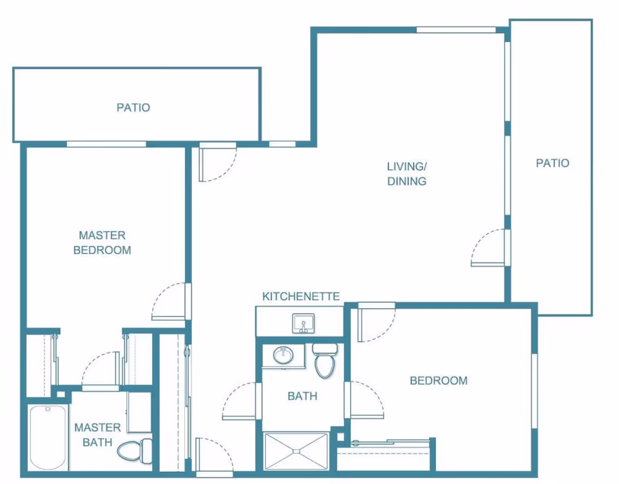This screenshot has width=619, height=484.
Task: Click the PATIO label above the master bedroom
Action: coord(133,107)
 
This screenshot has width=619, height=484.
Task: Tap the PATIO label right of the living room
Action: coord(553,163)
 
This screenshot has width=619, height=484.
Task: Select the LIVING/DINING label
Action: coord(407,173)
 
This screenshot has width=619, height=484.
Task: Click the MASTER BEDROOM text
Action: coord(103,242)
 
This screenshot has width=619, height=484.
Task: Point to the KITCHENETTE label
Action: coord(301,296)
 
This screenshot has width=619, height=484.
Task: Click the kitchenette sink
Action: coord(303,324)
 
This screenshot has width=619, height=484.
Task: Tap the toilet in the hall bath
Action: coord(325,360)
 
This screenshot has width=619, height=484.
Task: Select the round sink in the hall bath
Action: coord(283,355)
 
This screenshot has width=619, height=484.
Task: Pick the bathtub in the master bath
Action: coord(48,438)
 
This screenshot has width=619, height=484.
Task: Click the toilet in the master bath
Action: coord(135,451)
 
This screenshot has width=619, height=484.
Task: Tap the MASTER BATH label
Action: coord(97,434)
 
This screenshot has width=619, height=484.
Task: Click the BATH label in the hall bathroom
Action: coord(302,396)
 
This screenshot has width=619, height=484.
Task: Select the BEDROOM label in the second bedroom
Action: coord(438,381)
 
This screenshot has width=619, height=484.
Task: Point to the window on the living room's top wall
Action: coord(456,30)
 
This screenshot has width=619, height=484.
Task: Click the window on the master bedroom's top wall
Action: coord(106,144)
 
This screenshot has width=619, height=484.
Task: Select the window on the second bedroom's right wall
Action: coord(535,391)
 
